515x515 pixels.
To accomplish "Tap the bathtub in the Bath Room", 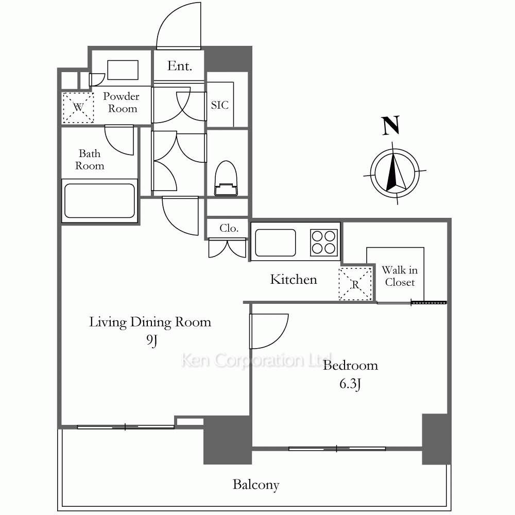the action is [x=99, y=201].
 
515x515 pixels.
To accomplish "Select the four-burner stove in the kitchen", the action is [x=324, y=243].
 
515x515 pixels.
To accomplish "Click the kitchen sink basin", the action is [x=275, y=243].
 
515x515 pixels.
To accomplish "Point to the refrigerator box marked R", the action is [x=355, y=284].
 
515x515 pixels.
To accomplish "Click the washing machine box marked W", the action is [x=78, y=108].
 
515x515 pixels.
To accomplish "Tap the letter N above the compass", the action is [x=391, y=125].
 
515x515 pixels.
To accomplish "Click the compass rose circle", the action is [x=394, y=173].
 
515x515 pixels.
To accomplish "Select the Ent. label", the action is [x=179, y=66].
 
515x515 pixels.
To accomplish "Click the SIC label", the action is [x=220, y=105].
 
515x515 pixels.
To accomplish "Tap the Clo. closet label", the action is [x=229, y=228].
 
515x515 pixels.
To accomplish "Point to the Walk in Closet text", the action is [x=400, y=276].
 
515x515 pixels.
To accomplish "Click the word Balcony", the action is [x=256, y=485].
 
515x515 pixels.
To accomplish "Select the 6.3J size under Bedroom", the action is [x=350, y=384].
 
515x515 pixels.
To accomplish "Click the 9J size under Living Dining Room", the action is [x=152, y=340].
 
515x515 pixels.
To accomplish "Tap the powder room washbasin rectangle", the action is [x=123, y=70].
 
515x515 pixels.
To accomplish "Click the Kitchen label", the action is [x=294, y=279].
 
